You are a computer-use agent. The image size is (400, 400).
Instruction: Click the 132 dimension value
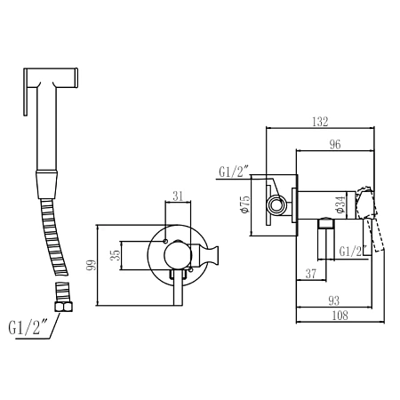320,122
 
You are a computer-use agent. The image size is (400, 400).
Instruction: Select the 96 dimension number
335,145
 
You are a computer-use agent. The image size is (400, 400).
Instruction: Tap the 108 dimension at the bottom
340,316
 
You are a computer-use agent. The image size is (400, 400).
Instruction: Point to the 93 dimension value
334,301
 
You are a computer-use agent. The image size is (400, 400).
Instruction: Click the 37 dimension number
311,274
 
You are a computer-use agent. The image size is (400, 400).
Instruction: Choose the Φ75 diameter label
246,204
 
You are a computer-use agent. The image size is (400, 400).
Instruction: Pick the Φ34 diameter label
340,204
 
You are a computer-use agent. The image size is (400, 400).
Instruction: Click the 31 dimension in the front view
178,196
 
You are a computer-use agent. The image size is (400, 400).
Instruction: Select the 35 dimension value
116,255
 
